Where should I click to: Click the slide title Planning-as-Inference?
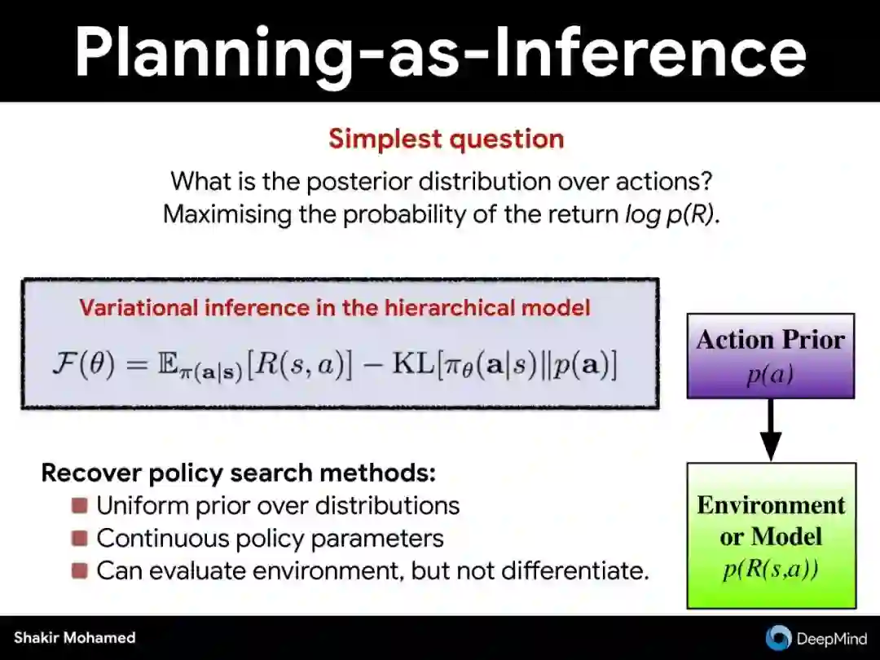[x=441, y=51]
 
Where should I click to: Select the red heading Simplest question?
[x=447, y=139]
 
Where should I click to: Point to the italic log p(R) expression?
[x=671, y=215]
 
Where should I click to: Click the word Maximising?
[x=227, y=214]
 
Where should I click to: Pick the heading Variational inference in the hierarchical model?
[x=335, y=307]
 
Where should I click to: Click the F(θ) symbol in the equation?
[x=84, y=365]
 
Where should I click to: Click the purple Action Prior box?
[x=771, y=356]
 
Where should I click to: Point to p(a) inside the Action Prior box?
[x=771, y=374]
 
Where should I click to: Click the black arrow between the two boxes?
[x=771, y=429]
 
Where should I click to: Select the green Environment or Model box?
[x=772, y=535]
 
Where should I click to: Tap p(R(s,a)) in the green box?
[x=771, y=570]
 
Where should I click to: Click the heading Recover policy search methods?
[x=239, y=473]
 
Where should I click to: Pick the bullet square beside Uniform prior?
[x=80, y=506]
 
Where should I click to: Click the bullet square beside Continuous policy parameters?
[x=80, y=539]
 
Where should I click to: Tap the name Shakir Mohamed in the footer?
[x=75, y=637]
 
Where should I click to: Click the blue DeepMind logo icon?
[x=778, y=638]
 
